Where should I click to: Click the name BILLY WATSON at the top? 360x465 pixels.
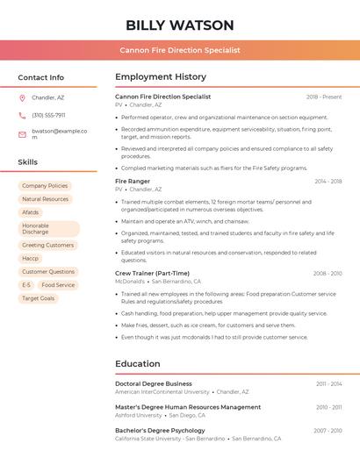tap(180, 25)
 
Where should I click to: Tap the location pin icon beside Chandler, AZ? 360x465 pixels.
tap(22, 98)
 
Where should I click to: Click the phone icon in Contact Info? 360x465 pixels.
tap(22, 115)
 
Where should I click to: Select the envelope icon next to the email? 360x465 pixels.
tap(22, 134)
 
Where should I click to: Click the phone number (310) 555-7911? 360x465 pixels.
tap(48, 115)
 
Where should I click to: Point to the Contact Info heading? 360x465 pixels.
tap(40, 77)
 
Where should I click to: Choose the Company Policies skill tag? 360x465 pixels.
tap(45, 186)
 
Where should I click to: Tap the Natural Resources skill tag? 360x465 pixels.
tap(45, 199)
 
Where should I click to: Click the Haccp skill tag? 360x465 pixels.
tap(31, 259)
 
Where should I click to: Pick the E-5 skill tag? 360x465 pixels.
tap(26, 285)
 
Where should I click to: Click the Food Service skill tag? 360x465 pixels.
tap(58, 285)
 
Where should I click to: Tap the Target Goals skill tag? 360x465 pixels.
tap(38, 298)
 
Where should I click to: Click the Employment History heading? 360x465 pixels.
tap(161, 77)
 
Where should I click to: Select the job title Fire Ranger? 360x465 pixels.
tap(133, 181)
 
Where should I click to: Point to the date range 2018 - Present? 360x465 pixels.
tap(324, 97)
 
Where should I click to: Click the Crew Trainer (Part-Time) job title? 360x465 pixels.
tap(152, 274)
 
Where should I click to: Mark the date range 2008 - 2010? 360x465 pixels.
tap(328, 274)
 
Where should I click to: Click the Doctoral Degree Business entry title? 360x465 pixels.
tap(154, 383)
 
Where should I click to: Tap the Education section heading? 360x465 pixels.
tap(138, 364)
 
